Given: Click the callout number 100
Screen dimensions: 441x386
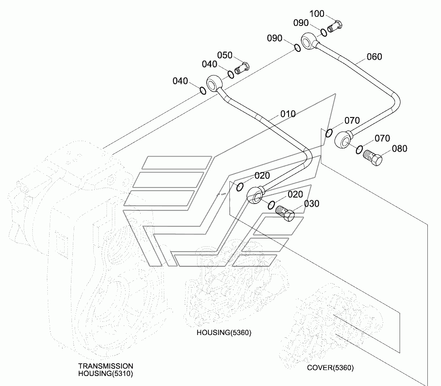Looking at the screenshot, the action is [317, 14].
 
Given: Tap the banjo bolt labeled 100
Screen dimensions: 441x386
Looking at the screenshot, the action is [335, 26].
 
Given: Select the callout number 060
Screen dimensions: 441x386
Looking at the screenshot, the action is [375, 56].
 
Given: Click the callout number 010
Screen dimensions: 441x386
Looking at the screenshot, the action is [288, 114].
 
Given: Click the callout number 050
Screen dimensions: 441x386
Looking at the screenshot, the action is [225, 55].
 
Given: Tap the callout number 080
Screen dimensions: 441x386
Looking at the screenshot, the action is [400, 148].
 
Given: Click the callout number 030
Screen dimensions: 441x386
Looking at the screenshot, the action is [312, 203].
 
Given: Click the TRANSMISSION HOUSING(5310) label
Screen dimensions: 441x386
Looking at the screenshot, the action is [106, 370].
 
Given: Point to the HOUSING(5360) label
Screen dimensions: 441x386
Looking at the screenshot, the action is [224, 333].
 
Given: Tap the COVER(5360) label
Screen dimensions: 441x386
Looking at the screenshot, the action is [330, 368].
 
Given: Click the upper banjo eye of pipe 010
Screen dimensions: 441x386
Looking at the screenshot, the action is [215, 83].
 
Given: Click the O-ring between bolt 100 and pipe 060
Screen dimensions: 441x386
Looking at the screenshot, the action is [324, 32].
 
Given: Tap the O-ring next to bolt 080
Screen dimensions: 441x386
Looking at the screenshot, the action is [359, 150].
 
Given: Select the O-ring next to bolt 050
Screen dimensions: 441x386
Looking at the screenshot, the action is [231, 75].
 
